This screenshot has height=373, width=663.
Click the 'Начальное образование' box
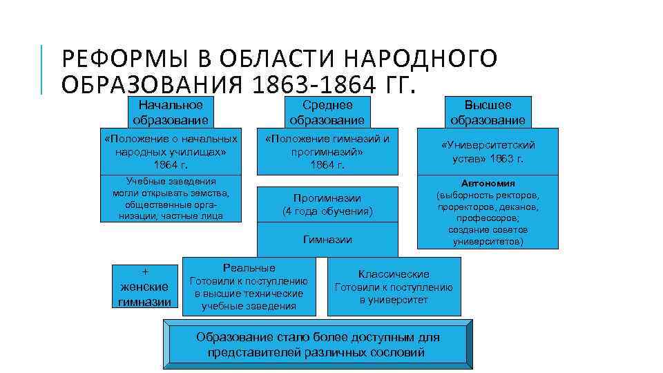pyautogui.click(x=171, y=112)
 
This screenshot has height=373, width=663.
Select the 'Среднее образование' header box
pyautogui.click(x=327, y=112)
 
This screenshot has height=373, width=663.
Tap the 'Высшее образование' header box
pyautogui.click(x=488, y=112)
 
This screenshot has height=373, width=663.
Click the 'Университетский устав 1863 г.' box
pyautogui.click(x=488, y=151)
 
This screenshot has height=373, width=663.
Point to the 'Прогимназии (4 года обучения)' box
pyautogui.click(x=327, y=204)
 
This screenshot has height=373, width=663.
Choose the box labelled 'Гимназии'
pyautogui.click(x=327, y=240)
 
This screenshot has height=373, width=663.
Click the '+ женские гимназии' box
pyautogui.click(x=145, y=286)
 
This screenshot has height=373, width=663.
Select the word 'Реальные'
pyautogui.click(x=249, y=268)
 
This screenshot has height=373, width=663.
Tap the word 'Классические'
pyautogui.click(x=394, y=274)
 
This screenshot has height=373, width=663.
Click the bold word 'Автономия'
pyautogui.click(x=488, y=184)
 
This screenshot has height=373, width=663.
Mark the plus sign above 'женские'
pyautogui.click(x=145, y=271)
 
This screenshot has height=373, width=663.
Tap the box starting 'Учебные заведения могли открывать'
pyautogui.click(x=171, y=199)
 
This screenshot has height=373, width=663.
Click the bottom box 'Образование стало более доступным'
pyautogui.click(x=318, y=345)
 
